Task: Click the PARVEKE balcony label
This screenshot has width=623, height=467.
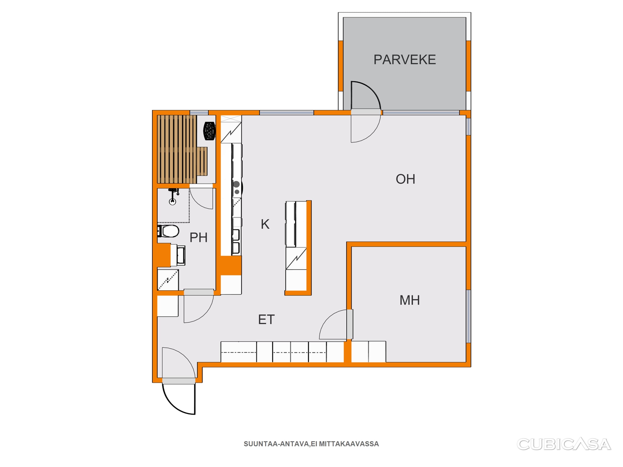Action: point(405,60)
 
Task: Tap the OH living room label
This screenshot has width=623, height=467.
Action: point(405,179)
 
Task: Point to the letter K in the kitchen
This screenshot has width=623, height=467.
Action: point(265,224)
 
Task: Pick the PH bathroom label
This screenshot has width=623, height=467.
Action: point(199,237)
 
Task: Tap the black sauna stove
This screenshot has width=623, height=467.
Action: point(209,131)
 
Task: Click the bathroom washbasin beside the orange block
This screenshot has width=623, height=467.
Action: point(178,255)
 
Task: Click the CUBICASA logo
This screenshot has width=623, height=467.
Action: point(564,444)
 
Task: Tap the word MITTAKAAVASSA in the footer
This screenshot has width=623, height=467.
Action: point(349,444)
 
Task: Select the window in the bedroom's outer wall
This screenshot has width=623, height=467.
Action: point(468,317)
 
